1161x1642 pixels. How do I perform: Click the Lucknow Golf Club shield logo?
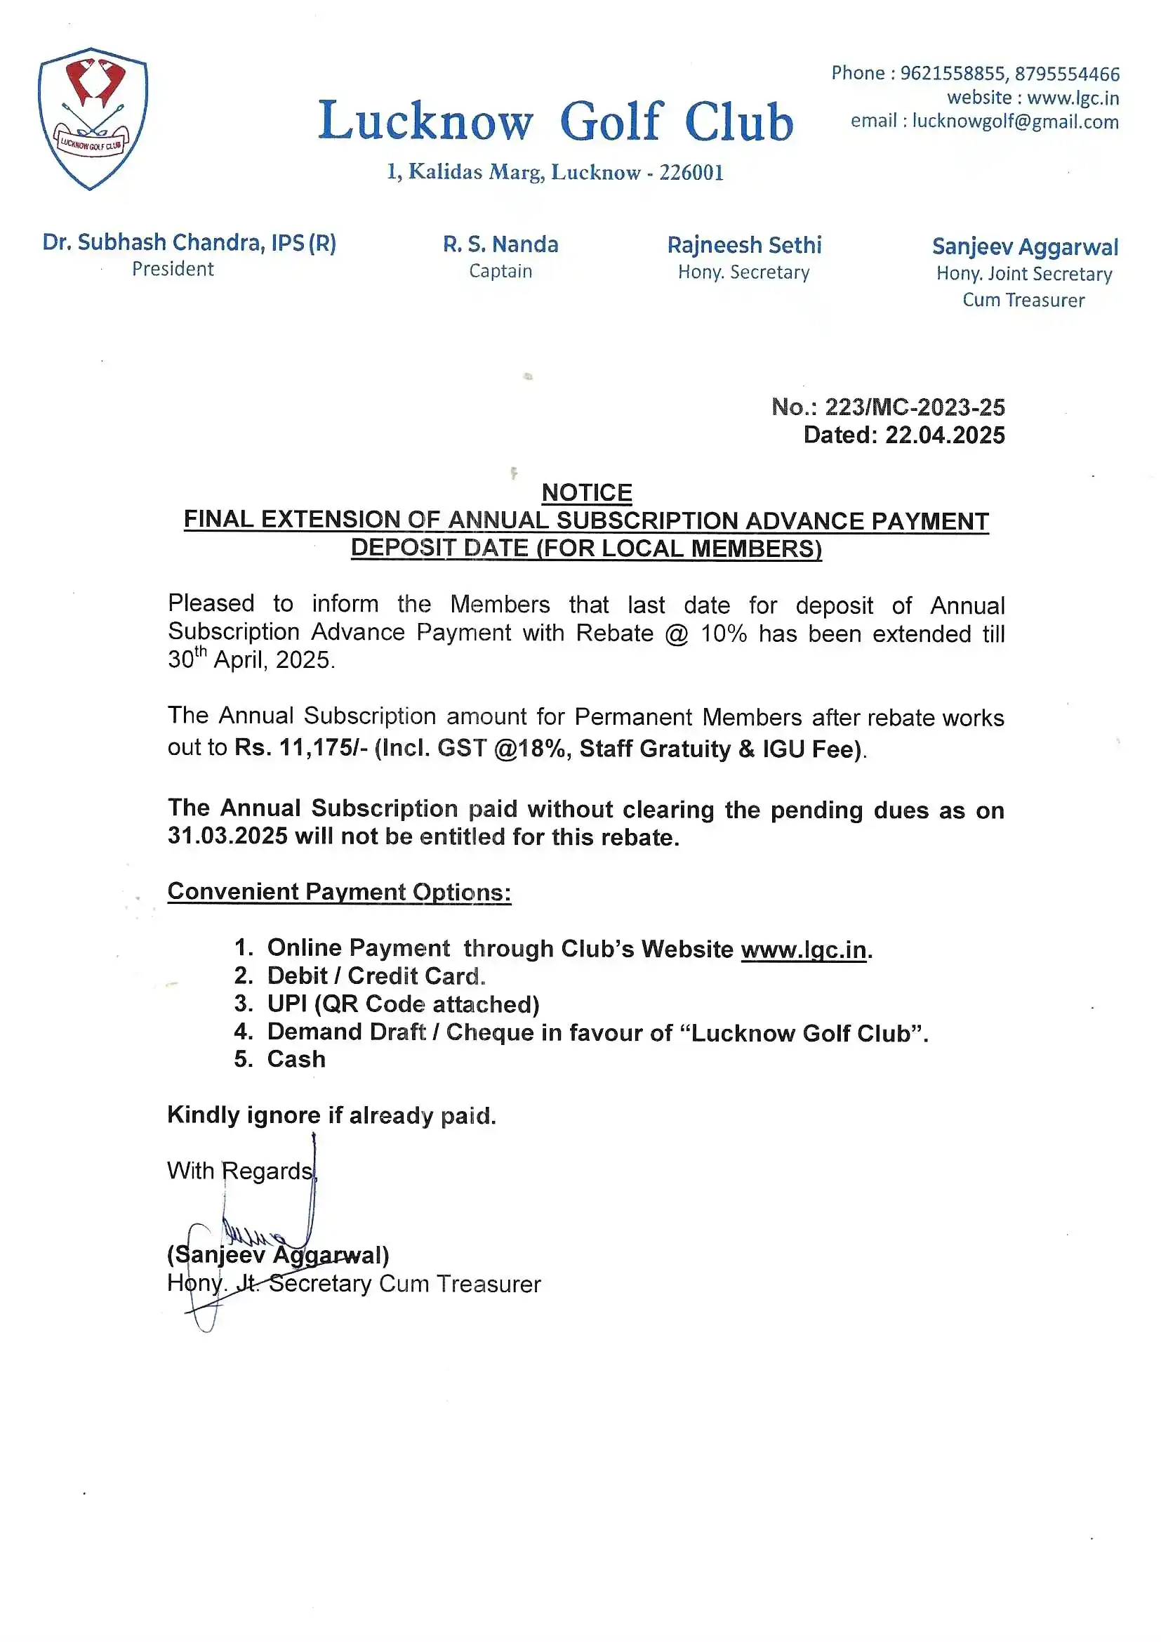92,118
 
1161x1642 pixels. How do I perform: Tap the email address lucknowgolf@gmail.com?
1014,121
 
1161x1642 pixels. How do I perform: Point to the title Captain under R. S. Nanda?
500,272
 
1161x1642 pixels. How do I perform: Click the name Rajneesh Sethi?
744,245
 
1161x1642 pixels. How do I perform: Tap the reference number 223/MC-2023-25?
915,407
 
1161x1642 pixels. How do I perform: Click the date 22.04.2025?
944,435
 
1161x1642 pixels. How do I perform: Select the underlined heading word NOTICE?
586,493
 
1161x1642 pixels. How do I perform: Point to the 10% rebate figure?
723,634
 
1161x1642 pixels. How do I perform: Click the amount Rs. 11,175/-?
301,748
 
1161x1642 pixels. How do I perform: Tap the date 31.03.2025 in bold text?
227,836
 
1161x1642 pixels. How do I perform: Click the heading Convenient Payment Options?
339,893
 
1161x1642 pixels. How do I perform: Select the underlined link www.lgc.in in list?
804,950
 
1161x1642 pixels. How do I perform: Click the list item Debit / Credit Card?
376,976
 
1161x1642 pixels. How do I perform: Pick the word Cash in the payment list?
296,1059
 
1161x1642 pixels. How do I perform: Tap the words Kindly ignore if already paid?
331,1116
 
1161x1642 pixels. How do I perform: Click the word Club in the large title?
738,121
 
